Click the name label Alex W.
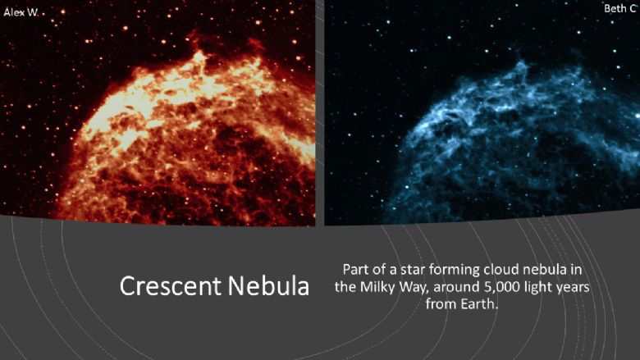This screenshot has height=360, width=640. coord(21,12)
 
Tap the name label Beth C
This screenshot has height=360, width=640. coord(620,8)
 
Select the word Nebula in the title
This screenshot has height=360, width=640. coord(268,286)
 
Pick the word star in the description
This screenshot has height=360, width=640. coord(413,270)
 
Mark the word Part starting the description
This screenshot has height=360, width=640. coord(355,270)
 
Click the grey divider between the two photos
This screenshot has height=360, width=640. coord(320,112)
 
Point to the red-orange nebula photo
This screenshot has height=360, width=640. coord(158,112)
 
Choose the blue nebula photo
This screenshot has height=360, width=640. coord(482,112)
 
